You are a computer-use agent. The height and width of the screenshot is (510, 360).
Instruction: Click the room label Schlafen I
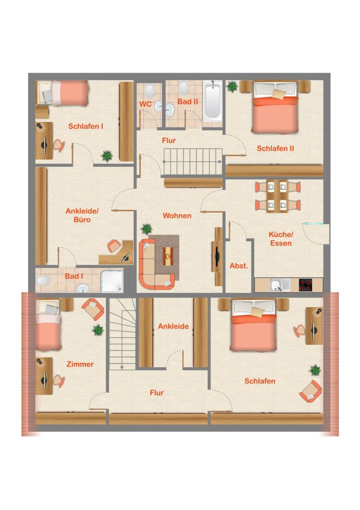tap(85, 126)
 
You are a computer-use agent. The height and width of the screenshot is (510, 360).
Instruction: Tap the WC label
tap(145, 105)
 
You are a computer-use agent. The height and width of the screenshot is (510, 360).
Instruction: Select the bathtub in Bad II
tap(213, 101)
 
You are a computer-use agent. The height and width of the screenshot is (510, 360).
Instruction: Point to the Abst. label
tap(239, 266)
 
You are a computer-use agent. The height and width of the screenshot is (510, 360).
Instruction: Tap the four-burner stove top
tap(306, 285)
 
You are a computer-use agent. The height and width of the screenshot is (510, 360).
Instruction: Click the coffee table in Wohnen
tap(168, 256)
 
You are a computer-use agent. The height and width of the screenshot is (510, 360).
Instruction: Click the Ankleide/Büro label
tap(82, 215)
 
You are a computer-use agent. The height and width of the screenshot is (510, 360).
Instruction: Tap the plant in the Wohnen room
tap(147, 229)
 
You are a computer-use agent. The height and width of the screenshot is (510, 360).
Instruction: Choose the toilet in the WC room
tap(150, 91)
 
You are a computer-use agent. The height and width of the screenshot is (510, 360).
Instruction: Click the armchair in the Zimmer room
tap(93, 309)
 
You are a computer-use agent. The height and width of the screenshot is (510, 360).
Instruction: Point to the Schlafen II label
tap(275, 149)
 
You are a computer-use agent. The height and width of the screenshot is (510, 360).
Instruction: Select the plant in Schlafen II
tap(232, 87)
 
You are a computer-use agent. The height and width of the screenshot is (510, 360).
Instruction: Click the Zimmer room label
tap(80, 364)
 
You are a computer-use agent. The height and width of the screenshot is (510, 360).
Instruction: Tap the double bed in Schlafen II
tap(275, 107)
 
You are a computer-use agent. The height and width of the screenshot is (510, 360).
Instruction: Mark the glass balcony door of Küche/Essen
tap(313, 224)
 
